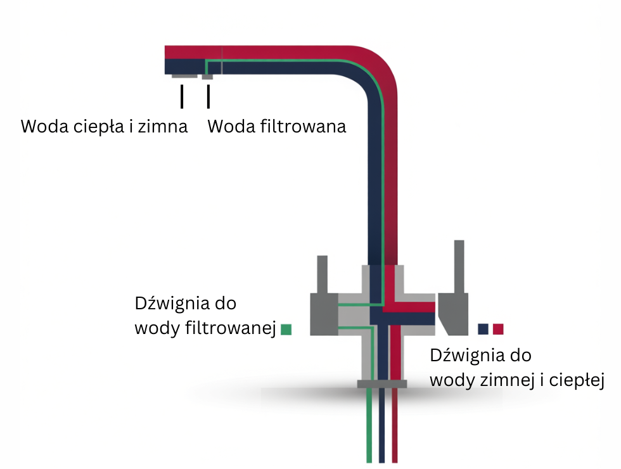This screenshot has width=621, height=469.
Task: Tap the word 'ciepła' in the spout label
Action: (x=104, y=126)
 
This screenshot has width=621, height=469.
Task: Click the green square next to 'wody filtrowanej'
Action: (x=285, y=329)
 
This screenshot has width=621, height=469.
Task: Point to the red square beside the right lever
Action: (x=498, y=329)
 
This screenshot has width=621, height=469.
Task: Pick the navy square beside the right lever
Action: (x=483, y=329)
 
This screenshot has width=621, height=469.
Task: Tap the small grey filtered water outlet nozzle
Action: (x=207, y=77)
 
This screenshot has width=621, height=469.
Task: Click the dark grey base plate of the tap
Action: (x=382, y=383)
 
